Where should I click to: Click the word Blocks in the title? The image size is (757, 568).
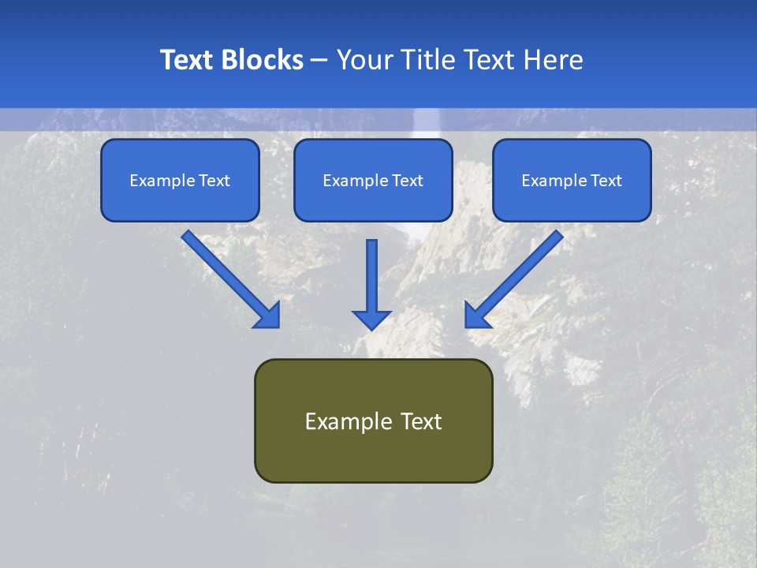click(x=263, y=60)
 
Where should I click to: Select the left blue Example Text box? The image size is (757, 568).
click(x=180, y=181)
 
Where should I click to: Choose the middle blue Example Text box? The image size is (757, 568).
click(x=373, y=181)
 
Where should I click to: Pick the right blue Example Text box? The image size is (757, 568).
click(x=572, y=181)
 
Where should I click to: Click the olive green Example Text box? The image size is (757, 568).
click(x=373, y=420)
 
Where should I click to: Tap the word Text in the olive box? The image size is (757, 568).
click(x=421, y=421)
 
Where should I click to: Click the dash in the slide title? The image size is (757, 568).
click(x=319, y=60)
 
